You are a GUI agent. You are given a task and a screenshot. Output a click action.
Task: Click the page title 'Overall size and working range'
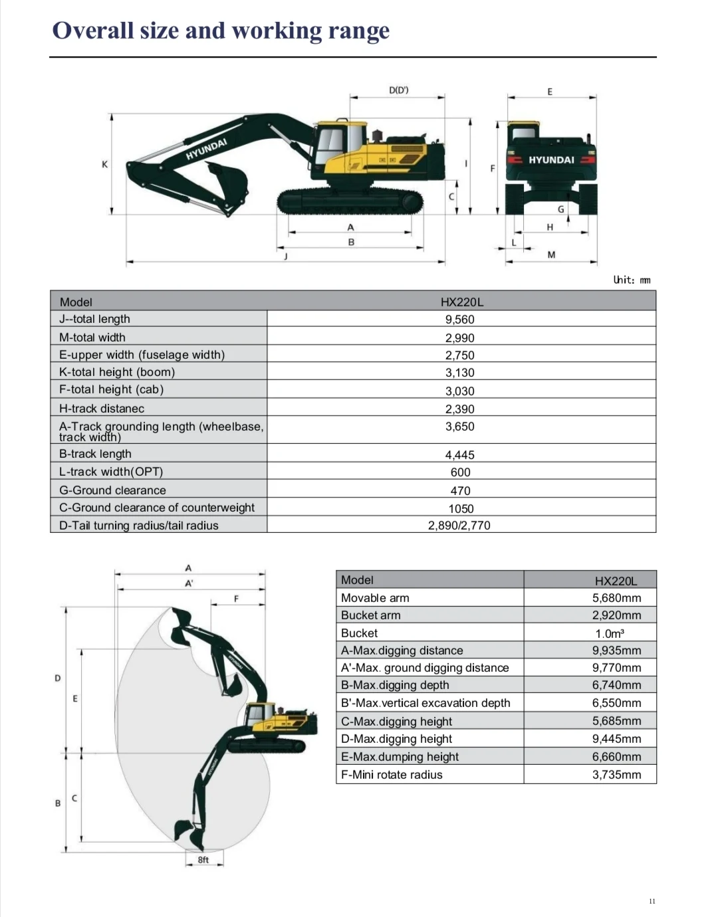point(221,31)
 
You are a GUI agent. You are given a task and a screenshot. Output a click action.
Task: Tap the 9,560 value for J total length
point(460,320)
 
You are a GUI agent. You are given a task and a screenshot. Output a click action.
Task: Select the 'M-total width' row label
point(92,338)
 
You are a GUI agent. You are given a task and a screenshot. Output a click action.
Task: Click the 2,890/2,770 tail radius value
point(459,526)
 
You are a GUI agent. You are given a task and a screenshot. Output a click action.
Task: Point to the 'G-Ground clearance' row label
point(112,490)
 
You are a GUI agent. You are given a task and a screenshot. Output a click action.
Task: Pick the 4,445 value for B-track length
point(460,455)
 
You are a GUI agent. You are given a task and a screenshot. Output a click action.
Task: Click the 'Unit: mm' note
point(632,280)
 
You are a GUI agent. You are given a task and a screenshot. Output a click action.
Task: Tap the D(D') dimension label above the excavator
point(398,90)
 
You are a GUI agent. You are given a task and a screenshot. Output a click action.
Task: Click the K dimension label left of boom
point(104,164)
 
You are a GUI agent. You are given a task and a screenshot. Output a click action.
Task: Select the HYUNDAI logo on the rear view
point(551,160)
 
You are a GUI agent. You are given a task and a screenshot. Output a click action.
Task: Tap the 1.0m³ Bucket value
point(610,634)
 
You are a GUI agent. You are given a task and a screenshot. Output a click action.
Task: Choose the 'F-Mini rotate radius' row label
point(392,775)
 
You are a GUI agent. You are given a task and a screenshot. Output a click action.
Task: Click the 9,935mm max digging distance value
point(616,651)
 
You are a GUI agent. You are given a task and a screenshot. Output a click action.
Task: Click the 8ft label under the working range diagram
point(203,860)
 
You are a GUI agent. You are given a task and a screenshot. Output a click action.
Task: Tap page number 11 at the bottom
point(652,901)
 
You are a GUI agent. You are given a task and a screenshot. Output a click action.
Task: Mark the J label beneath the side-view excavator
point(286,256)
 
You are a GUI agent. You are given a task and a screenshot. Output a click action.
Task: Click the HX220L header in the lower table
point(616,581)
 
